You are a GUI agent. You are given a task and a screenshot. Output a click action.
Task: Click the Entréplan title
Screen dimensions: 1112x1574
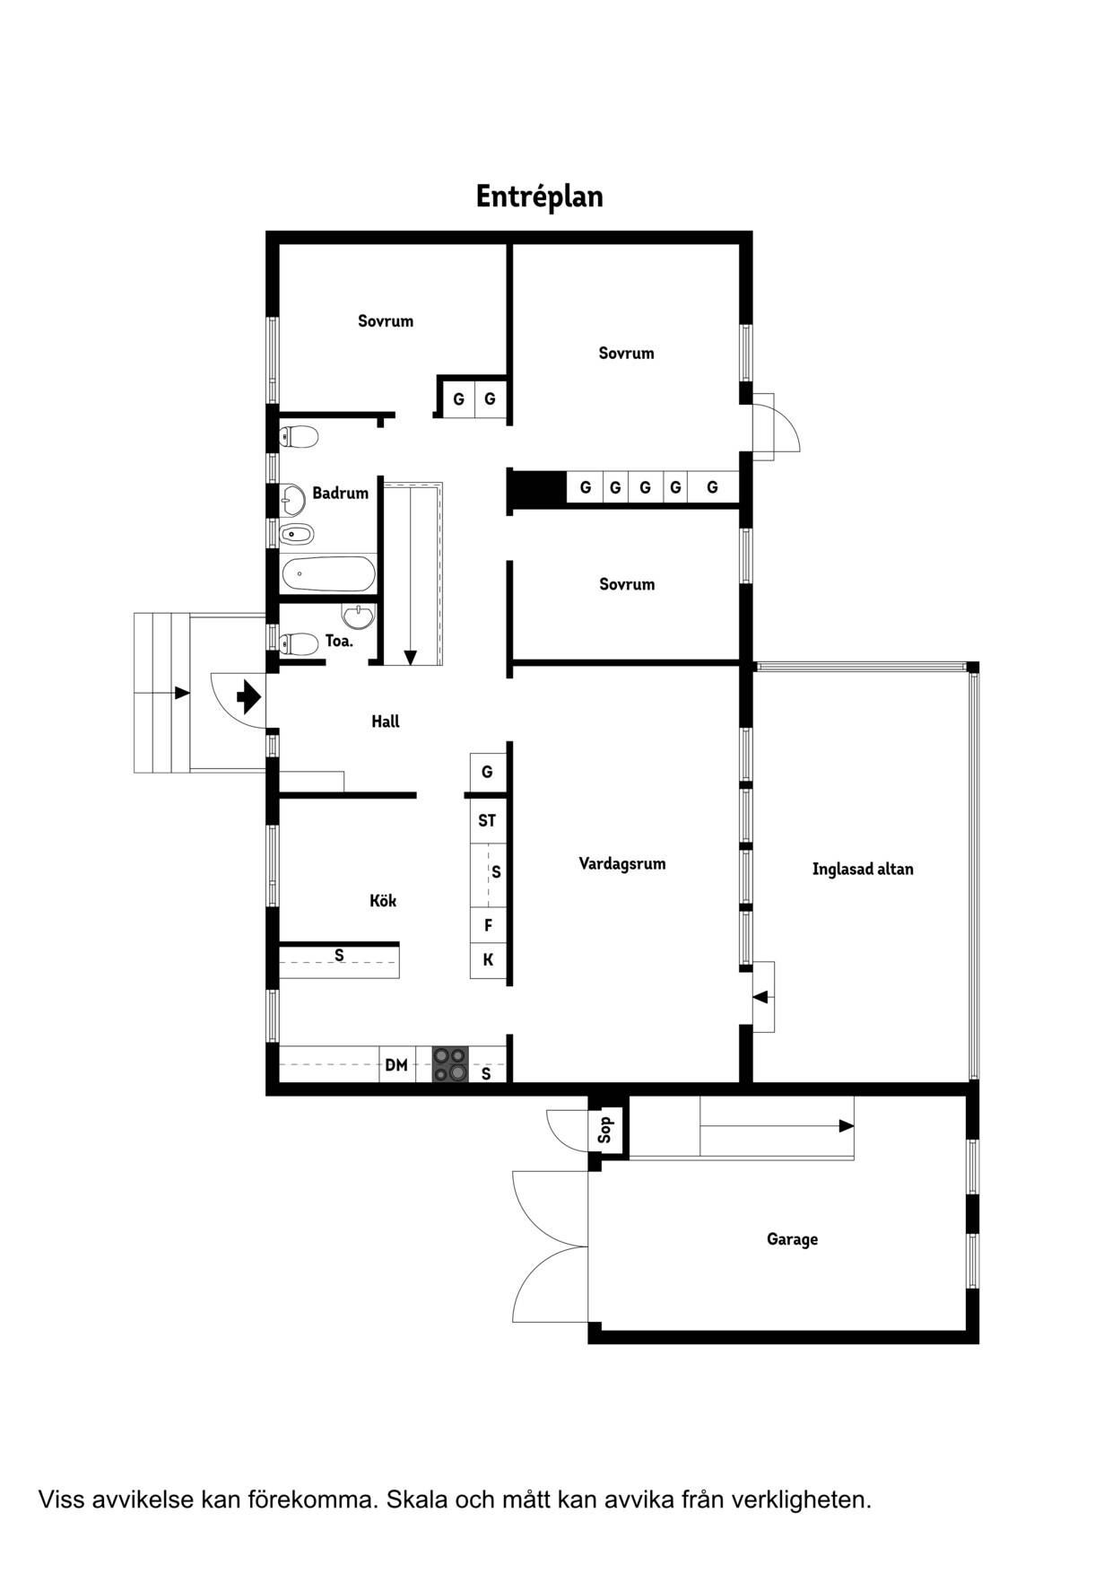click(x=539, y=197)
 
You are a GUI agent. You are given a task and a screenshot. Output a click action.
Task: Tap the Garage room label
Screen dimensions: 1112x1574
click(x=792, y=1239)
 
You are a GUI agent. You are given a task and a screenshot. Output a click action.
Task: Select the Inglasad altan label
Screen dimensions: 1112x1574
click(x=863, y=869)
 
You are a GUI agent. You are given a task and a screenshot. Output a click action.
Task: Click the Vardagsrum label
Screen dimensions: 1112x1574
click(x=622, y=863)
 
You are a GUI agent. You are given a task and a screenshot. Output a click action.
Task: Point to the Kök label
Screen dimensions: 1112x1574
click(x=383, y=900)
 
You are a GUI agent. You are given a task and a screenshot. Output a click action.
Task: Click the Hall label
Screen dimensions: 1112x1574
click(x=386, y=721)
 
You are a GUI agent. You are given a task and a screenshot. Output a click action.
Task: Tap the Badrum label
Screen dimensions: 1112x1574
click(x=340, y=493)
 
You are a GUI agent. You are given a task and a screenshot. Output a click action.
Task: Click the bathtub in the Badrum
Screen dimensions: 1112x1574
click(x=327, y=573)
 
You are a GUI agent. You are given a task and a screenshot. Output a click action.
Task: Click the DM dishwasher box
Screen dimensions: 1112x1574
click(x=396, y=1064)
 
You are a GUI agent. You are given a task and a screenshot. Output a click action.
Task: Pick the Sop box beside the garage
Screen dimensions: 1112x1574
click(x=605, y=1129)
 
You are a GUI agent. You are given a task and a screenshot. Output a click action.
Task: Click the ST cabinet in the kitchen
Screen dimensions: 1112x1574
click(x=487, y=820)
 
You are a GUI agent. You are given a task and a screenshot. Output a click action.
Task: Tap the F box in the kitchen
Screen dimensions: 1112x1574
click(x=488, y=925)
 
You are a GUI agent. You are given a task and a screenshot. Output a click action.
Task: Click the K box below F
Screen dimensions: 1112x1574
click(x=488, y=960)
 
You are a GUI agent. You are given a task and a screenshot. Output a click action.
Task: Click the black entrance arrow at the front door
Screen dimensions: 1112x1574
click(x=248, y=696)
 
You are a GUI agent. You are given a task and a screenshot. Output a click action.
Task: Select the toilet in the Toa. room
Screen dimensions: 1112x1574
click(x=299, y=643)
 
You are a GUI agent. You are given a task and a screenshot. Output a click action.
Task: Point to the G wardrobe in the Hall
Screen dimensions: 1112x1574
click(x=487, y=772)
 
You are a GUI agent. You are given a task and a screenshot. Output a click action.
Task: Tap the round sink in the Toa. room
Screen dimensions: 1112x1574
click(x=359, y=616)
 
